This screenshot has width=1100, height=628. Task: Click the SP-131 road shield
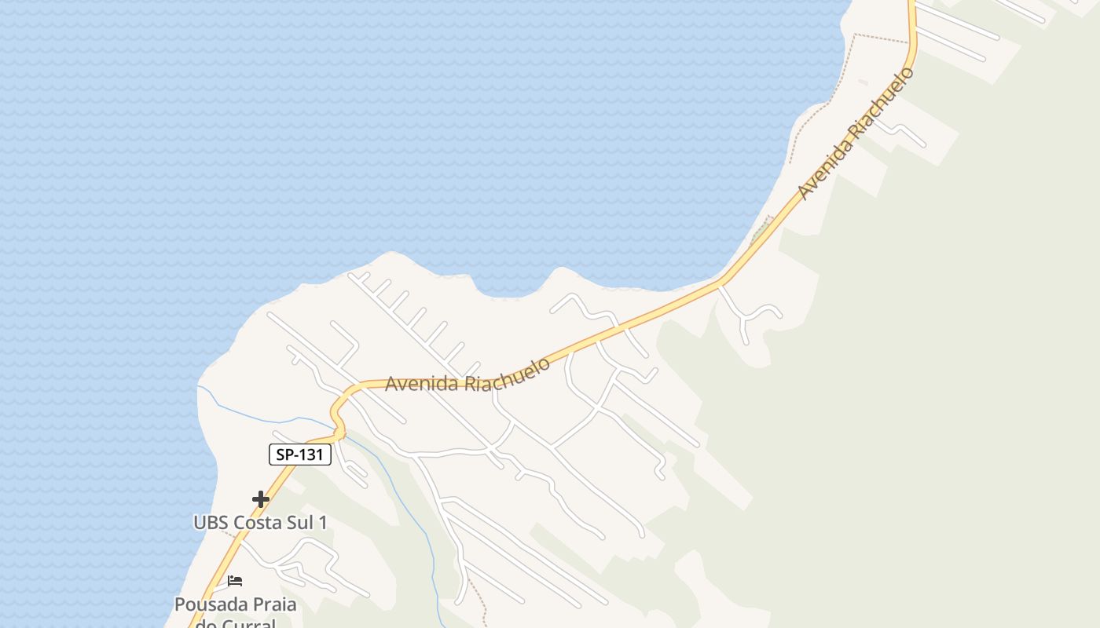(x=300, y=455)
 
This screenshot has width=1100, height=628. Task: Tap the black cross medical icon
(x=261, y=499)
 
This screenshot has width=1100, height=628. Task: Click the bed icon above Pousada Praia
(x=235, y=582)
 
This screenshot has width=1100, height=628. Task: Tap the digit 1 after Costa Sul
(x=322, y=522)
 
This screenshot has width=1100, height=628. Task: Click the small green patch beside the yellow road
(x=760, y=231)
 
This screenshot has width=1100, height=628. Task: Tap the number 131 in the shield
(x=310, y=455)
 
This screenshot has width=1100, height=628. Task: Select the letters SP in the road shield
(x=284, y=455)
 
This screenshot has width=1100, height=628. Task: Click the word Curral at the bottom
(x=247, y=624)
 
